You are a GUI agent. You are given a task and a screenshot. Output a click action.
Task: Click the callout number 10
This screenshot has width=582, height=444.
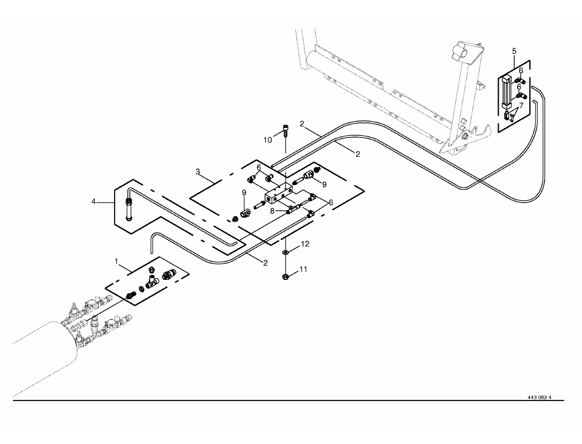point(268,140)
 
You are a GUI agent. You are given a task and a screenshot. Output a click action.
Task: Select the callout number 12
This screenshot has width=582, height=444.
point(304,244)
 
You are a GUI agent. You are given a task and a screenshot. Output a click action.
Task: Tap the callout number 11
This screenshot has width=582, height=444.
point(303,269)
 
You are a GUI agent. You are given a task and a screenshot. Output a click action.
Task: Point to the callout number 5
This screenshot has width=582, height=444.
point(514,51)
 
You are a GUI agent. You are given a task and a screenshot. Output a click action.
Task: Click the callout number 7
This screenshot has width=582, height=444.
point(521,105)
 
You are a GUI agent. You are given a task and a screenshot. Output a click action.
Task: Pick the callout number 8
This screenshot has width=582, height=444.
point(272,211)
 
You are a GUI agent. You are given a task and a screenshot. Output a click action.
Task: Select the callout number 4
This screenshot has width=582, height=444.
point(94,201)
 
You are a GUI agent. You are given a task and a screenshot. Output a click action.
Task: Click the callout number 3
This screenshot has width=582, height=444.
point(198,171)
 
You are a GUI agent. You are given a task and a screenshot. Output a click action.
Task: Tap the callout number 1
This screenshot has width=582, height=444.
point(116,262)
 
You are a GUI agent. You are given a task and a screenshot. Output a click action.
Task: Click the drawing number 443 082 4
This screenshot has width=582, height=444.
point(539,397)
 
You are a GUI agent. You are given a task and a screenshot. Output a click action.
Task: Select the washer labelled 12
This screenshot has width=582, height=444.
point(285,252)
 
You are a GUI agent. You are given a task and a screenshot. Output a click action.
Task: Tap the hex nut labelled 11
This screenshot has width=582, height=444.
point(286,276)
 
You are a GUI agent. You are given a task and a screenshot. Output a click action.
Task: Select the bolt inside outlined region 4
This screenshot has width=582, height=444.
point(129,209)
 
